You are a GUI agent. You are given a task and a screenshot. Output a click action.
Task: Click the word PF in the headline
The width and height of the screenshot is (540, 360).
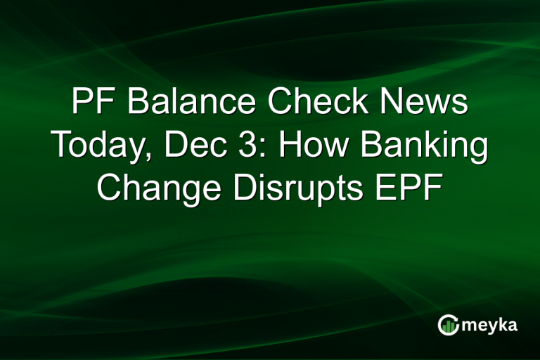[x=93, y=104]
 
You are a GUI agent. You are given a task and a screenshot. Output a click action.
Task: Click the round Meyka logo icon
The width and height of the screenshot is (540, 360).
[x=447, y=324]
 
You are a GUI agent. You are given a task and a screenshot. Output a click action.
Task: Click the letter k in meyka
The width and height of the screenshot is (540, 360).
[x=503, y=323]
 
